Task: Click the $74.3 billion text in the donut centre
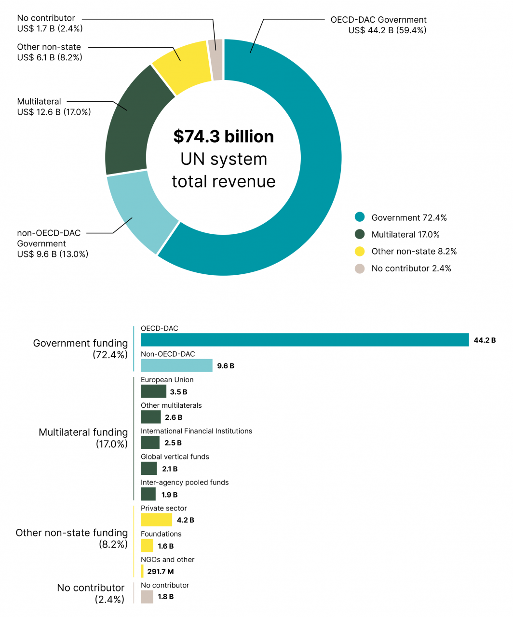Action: (x=224, y=136)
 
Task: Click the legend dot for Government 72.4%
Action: (x=360, y=217)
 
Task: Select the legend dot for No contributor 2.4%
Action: (x=360, y=268)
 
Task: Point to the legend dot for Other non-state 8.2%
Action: (x=360, y=251)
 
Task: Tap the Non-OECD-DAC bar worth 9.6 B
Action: (x=176, y=365)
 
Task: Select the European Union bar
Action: (x=153, y=391)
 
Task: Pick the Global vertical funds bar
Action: (x=148, y=469)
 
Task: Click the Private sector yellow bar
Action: (x=156, y=520)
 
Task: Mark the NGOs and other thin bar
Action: (x=142, y=571)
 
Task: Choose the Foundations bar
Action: (x=147, y=546)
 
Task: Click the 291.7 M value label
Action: (x=161, y=572)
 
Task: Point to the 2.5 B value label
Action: (x=173, y=443)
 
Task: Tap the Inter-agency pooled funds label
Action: (x=185, y=483)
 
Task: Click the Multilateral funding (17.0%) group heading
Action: (x=83, y=438)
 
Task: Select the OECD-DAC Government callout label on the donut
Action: (x=378, y=25)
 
